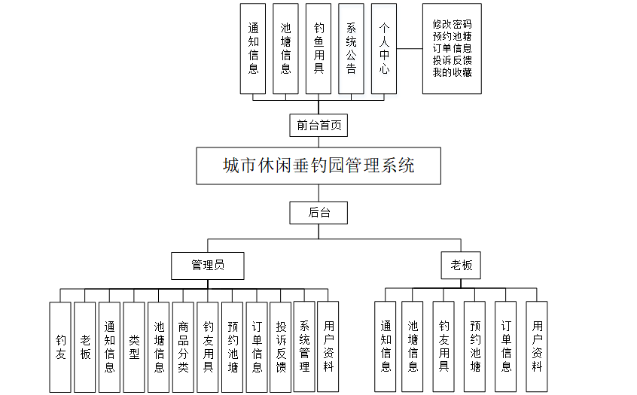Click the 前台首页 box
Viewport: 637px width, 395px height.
(x=318, y=125)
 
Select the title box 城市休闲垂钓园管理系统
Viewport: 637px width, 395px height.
(x=318, y=166)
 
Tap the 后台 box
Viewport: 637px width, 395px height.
(x=318, y=213)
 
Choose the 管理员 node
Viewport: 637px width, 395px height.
(x=208, y=265)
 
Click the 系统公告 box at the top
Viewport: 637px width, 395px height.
(x=351, y=49)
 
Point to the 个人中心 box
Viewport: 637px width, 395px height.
(x=384, y=49)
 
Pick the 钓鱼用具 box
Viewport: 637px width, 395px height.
(x=318, y=49)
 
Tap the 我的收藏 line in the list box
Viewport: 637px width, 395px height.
(x=452, y=73)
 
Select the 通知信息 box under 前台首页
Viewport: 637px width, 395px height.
(x=253, y=49)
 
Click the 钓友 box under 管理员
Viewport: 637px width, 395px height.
(x=60, y=346)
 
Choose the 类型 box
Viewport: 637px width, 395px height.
(x=134, y=346)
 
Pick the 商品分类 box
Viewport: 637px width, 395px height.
(x=183, y=346)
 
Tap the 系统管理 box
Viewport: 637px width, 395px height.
(x=304, y=346)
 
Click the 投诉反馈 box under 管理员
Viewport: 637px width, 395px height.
(x=280, y=346)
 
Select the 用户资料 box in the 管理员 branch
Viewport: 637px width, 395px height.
(x=328, y=346)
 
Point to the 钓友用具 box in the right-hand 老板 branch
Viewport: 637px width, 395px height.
(x=443, y=346)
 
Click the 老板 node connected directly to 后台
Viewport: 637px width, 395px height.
(x=460, y=265)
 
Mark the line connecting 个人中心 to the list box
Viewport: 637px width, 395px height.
(x=409, y=49)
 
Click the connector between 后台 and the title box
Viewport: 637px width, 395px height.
(x=318, y=193)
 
